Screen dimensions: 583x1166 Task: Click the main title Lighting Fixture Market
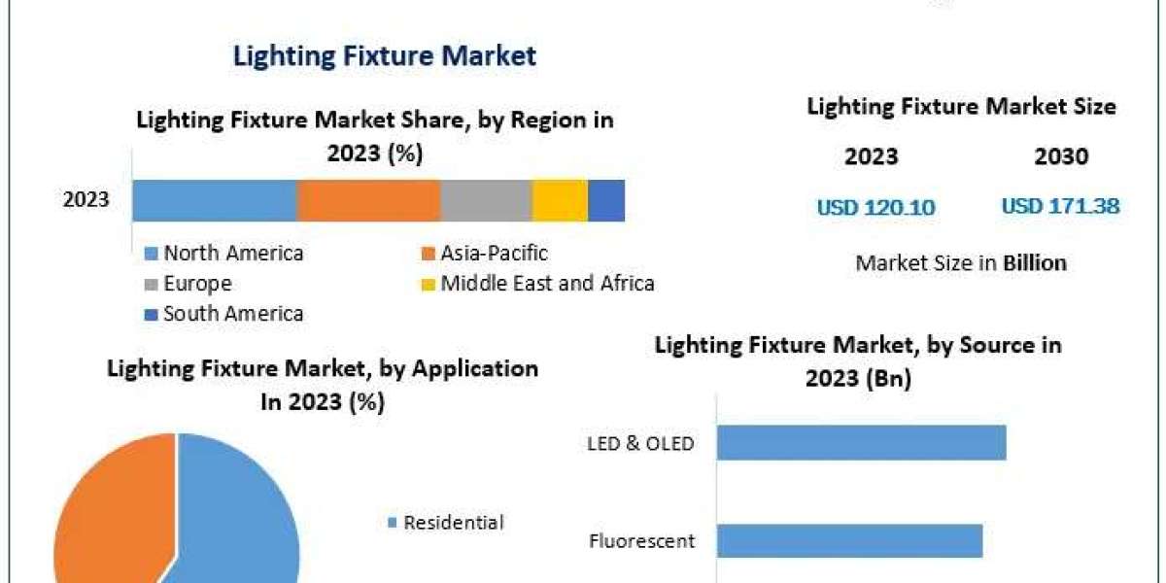tap(384, 55)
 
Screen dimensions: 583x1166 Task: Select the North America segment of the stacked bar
tap(214, 200)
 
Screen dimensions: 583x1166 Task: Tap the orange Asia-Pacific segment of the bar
tap(368, 200)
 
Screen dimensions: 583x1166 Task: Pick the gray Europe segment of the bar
tap(486, 200)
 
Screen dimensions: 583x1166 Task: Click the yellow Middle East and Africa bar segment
tap(560, 200)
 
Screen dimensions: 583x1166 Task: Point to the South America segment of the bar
tap(606, 200)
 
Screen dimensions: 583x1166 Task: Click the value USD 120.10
tap(875, 207)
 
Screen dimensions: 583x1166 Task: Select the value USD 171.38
tap(1060, 206)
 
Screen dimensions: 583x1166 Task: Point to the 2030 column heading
tap(1061, 156)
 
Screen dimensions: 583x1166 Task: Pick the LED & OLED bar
tap(861, 442)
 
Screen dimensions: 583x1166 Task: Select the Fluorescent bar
tap(849, 540)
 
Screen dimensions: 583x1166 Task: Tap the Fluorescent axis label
tap(641, 541)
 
